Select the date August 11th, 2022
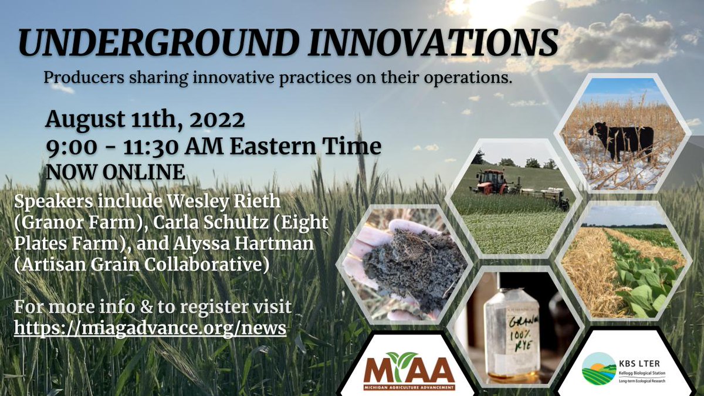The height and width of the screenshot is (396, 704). [145, 120]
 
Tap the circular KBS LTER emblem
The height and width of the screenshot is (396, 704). [598, 368]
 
